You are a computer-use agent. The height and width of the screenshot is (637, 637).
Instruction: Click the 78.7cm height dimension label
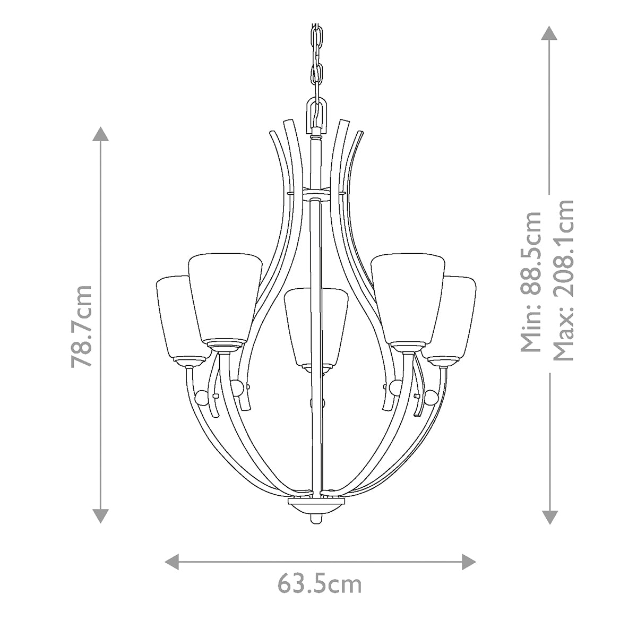pyautogui.click(x=82, y=325)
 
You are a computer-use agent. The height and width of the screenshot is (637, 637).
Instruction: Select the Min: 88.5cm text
pyautogui.click(x=531, y=281)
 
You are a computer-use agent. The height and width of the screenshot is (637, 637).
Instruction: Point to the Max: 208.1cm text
pyautogui.click(x=563, y=280)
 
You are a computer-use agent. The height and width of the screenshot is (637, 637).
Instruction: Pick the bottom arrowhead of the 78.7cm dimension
pyautogui.click(x=100, y=515)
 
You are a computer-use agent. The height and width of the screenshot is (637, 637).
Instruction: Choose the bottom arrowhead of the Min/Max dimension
pyautogui.click(x=549, y=516)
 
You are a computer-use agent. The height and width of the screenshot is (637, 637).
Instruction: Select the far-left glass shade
pyautogui.click(x=174, y=316)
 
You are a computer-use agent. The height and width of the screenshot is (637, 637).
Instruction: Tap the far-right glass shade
pyautogui.click(x=460, y=316)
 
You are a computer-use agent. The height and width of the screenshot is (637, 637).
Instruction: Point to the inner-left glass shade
pyautogui.click(x=225, y=297)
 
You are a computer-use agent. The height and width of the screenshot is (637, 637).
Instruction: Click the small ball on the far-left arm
pyautogui.click(x=202, y=397)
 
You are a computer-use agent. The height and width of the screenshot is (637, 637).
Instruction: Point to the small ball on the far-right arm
pyautogui.click(x=433, y=397)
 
